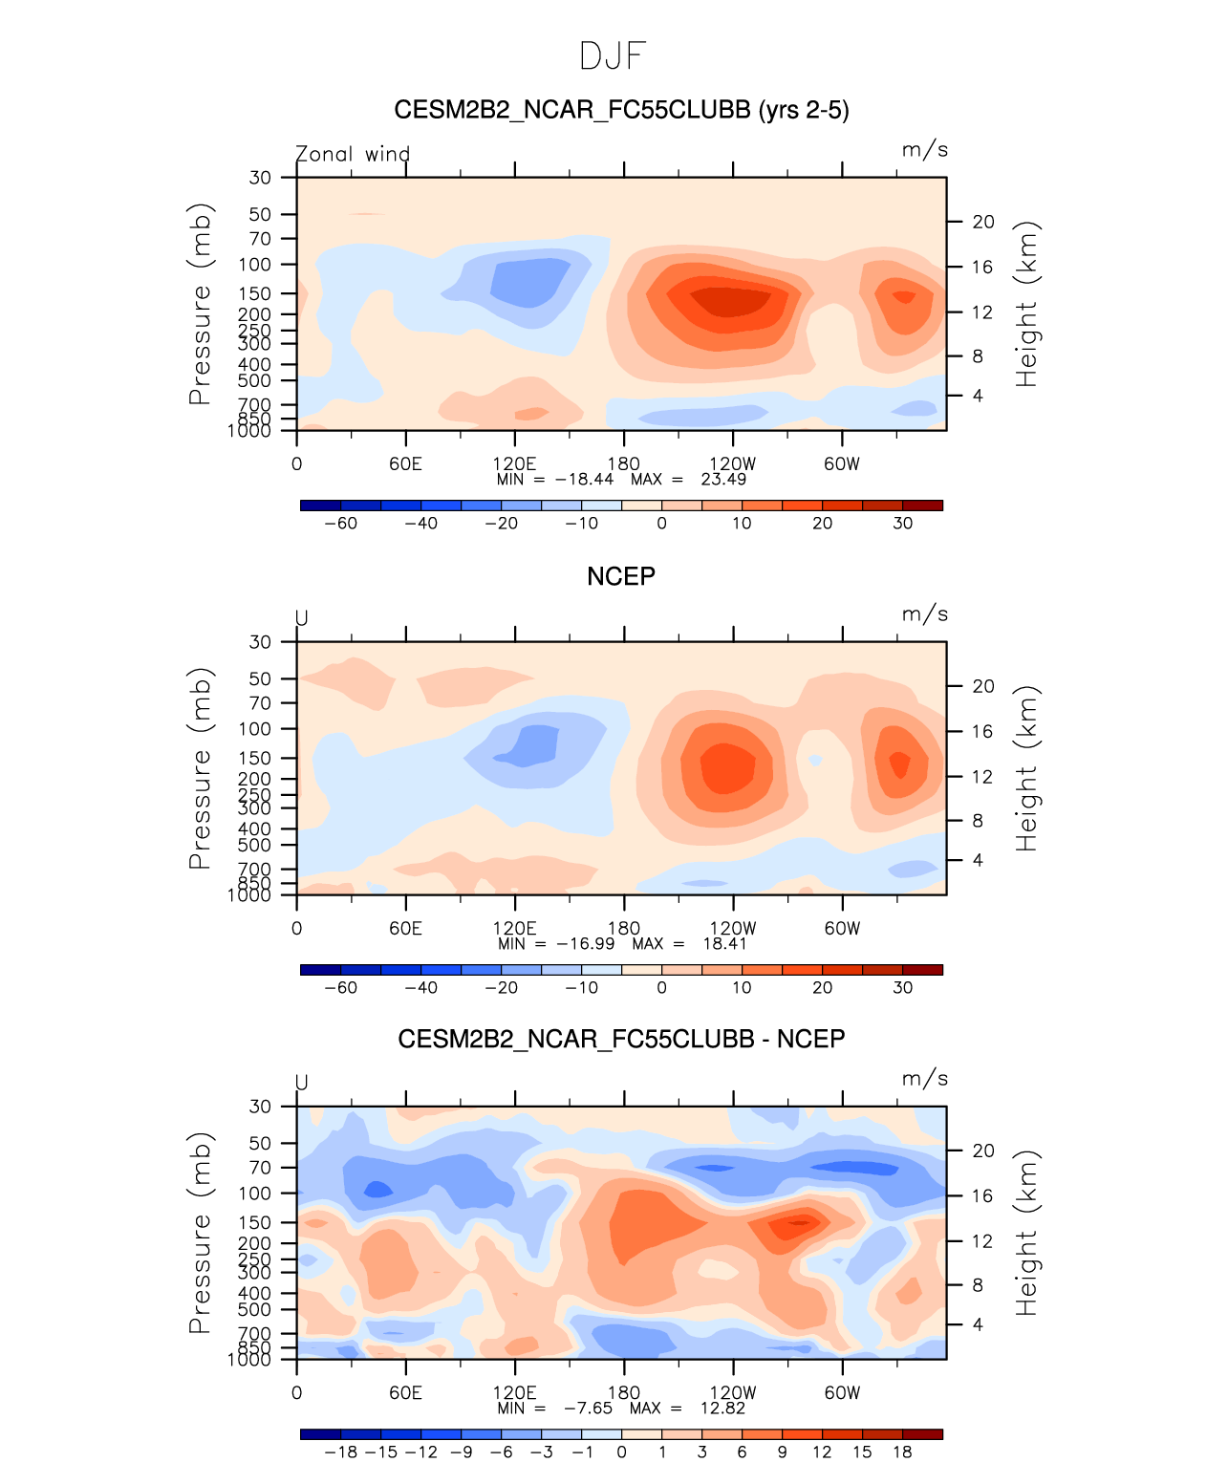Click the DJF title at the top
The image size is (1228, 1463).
tap(614, 56)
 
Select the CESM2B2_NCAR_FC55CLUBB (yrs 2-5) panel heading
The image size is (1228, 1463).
tap(621, 111)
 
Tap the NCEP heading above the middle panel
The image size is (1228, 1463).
tap(621, 576)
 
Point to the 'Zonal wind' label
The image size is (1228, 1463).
tap(353, 154)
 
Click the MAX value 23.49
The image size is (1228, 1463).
tap(723, 480)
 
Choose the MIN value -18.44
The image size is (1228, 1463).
tap(584, 480)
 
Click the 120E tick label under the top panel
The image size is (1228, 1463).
tap(514, 464)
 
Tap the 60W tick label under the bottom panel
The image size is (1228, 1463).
tap(842, 1393)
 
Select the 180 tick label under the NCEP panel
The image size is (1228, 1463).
tap(624, 929)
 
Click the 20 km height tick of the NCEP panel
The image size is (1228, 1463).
tap(983, 686)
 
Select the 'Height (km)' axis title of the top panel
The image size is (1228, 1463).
tap(1026, 304)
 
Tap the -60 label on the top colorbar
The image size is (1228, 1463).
tap(340, 524)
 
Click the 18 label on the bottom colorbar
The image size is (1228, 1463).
tap(902, 1452)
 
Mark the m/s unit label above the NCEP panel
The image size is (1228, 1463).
tap(924, 614)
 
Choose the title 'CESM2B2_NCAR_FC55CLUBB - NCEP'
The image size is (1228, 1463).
tap(621, 1040)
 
